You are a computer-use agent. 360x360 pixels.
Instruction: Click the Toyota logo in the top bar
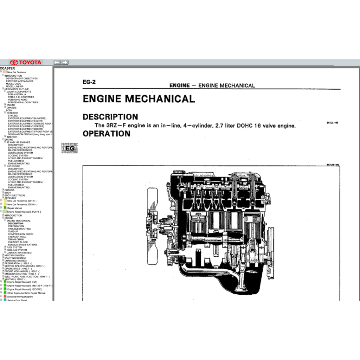[26, 63]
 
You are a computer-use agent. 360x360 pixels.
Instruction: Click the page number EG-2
[89, 82]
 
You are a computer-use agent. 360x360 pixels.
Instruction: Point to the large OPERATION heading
[106, 134]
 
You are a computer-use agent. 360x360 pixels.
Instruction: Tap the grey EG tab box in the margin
[70, 148]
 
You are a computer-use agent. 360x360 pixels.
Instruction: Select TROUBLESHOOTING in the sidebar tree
[19, 229]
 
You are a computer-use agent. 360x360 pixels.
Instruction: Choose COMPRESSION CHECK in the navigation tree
[21, 234]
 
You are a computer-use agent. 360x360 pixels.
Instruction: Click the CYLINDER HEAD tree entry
[17, 237]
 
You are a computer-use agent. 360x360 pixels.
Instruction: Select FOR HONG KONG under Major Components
[18, 100]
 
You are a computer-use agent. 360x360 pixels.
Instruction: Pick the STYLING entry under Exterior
[13, 116]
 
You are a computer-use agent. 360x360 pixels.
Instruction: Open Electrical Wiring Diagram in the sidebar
[20, 297]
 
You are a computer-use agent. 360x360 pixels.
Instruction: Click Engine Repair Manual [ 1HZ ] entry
[22, 282]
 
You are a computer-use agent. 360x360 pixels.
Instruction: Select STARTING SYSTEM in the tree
[15, 258]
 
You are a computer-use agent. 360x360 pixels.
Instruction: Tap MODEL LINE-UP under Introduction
[15, 86]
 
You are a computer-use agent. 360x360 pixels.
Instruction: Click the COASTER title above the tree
[7, 69]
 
